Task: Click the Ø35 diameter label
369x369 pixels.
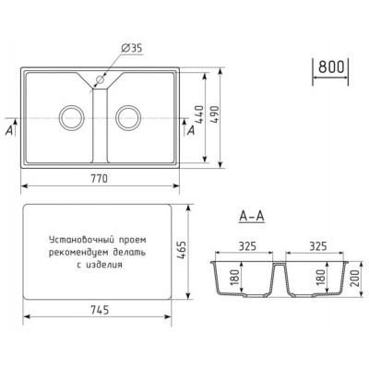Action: [x=132, y=48]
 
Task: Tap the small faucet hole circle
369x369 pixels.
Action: [x=100, y=79]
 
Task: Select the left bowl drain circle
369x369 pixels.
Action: [x=71, y=117]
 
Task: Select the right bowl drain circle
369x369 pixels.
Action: [x=128, y=117]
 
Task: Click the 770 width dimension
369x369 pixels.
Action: [x=100, y=178]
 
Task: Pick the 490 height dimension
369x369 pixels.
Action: [x=214, y=114]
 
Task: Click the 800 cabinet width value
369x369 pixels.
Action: [x=331, y=66]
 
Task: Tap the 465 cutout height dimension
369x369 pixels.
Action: [x=182, y=251]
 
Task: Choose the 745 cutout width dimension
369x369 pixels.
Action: [x=101, y=310]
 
